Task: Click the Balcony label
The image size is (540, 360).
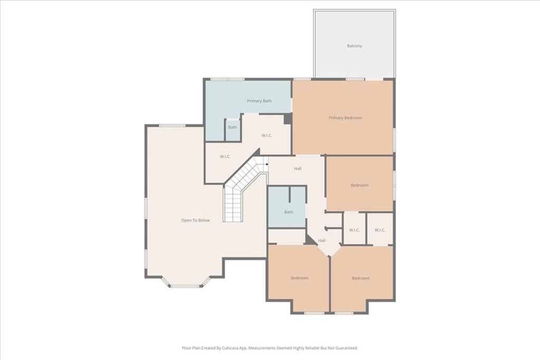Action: tap(354, 46)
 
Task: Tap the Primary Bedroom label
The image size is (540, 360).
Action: tap(345, 118)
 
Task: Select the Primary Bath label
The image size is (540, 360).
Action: tap(259, 101)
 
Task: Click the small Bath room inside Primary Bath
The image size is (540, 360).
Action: tap(233, 128)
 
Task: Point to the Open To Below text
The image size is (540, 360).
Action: tap(195, 220)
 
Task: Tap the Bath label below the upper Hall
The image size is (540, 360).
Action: tap(288, 212)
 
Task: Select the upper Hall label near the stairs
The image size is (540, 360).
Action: tap(297, 169)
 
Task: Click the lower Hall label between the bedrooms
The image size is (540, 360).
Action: tap(322, 240)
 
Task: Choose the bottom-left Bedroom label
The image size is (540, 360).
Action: tap(299, 278)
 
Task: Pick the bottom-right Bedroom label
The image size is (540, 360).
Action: tap(361, 278)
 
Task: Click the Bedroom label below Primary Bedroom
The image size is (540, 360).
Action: tap(360, 185)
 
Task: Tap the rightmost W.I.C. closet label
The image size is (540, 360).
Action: tap(380, 230)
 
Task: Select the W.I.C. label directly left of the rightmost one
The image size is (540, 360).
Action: tap(354, 230)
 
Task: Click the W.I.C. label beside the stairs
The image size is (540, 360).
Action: tap(226, 157)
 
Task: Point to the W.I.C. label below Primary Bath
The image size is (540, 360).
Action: tap(267, 136)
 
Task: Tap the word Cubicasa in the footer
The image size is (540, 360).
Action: tap(230, 348)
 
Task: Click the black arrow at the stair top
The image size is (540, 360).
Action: tap(267, 164)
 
